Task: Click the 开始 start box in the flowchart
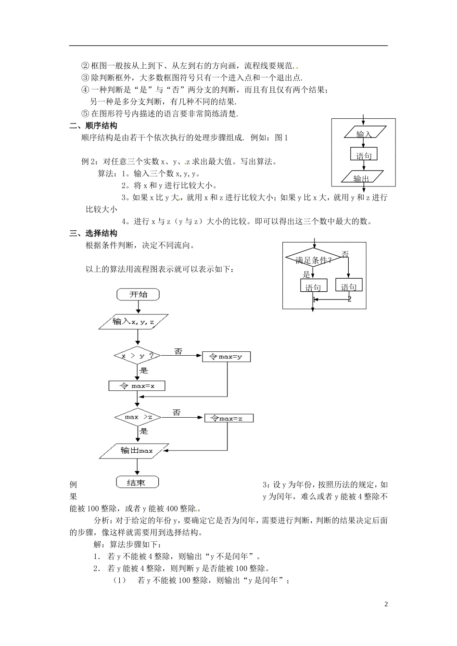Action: (138, 295)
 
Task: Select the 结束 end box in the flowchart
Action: (138, 482)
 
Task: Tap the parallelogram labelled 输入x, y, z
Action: (134, 322)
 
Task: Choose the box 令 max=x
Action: (137, 385)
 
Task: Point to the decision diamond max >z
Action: (138, 417)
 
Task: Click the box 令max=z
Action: (228, 419)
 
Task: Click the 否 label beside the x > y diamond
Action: (178, 352)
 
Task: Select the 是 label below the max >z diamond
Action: (143, 431)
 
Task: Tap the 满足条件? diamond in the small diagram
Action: (314, 260)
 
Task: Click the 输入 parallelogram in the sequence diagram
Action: (364, 133)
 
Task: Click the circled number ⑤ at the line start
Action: (86, 114)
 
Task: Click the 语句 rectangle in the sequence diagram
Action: (364, 155)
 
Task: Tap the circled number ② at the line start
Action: (86, 65)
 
